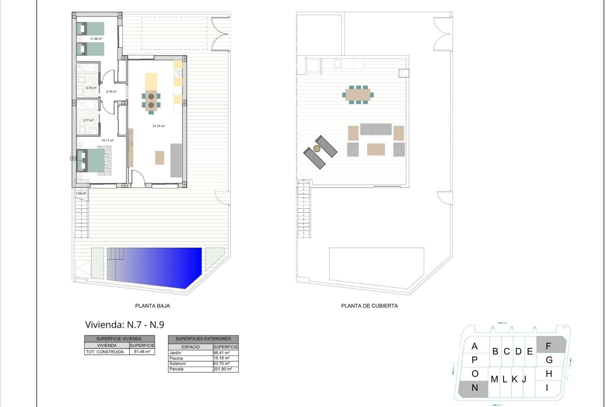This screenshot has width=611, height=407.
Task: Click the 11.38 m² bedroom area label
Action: click(96, 39)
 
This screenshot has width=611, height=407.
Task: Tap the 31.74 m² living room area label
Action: click(158, 126)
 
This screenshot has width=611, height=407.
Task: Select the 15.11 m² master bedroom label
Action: click(107, 140)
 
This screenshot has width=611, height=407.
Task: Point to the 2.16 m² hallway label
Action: click(111, 92)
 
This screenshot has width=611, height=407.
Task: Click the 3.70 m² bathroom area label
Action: click(91, 88)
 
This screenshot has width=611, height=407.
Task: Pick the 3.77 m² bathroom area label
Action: click(88, 121)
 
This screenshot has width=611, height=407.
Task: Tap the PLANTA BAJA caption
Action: click(152, 306)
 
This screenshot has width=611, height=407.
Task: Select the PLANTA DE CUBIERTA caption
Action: click(369, 306)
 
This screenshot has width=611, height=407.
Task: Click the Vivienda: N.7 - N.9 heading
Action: click(125, 325)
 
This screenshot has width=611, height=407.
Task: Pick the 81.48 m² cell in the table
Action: click(142, 352)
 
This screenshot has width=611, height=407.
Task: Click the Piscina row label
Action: click(176, 358)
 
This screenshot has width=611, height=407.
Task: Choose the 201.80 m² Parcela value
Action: click(222, 369)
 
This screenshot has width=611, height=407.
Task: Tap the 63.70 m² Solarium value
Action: click(221, 363)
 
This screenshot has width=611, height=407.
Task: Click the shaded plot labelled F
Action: click(551, 345)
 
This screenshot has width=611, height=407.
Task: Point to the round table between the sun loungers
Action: click(317, 148)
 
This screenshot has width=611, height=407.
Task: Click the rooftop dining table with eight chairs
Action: click(358, 95)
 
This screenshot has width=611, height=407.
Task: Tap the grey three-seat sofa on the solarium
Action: click(376, 129)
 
